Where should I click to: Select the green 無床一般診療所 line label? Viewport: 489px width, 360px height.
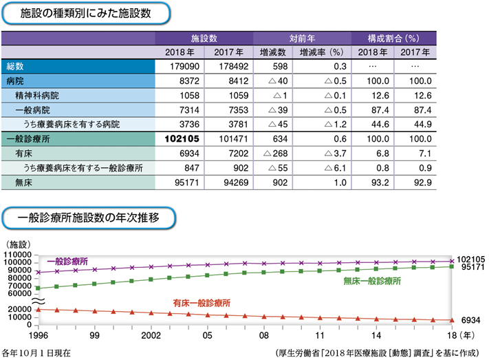point(371,281)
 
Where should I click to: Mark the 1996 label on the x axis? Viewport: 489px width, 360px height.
point(38,337)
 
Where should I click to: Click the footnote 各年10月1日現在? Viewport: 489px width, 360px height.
point(36,352)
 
